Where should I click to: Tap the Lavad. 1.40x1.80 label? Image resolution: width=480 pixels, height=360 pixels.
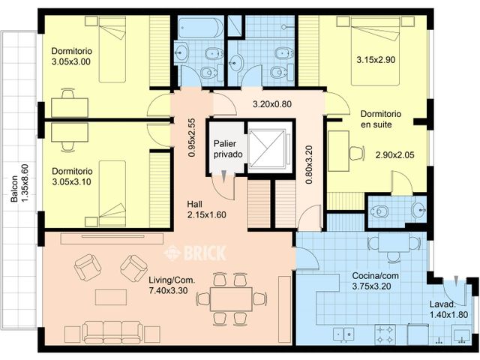[x=448, y=310]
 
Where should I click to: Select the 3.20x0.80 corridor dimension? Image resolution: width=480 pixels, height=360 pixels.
[x=271, y=104]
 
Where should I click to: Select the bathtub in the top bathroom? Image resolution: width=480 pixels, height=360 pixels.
[x=199, y=28]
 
